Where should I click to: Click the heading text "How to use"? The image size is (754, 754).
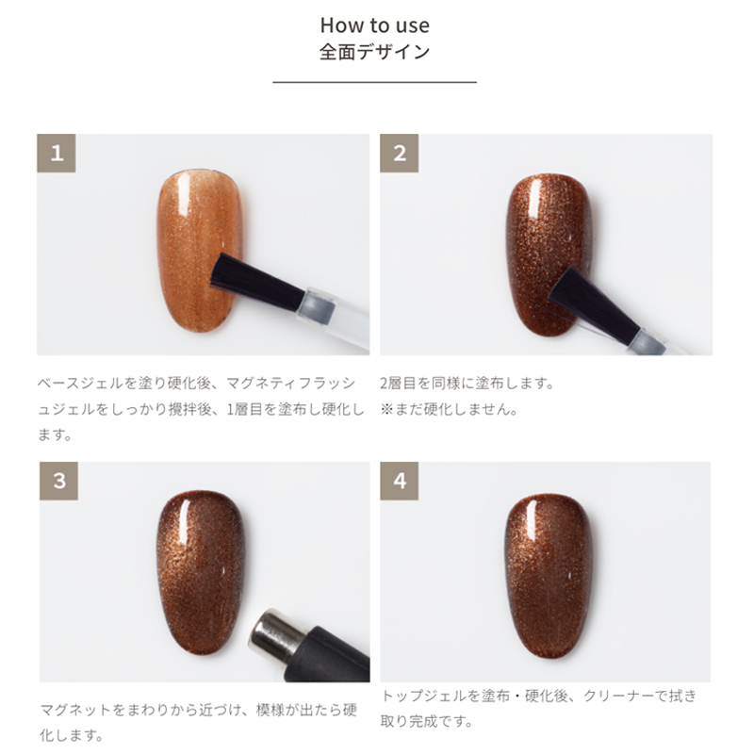pyautogui.click(x=374, y=25)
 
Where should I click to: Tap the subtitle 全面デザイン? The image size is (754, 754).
pyautogui.click(x=374, y=52)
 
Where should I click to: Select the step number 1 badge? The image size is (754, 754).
pyautogui.click(x=57, y=153)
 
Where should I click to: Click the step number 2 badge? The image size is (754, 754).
pyautogui.click(x=399, y=153)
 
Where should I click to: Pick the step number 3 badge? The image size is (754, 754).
pyautogui.click(x=58, y=481)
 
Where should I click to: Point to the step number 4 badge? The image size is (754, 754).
pyautogui.click(x=399, y=481)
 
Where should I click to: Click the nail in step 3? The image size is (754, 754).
pyautogui.click(x=202, y=572)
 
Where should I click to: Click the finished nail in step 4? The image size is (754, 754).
pyautogui.click(x=549, y=575)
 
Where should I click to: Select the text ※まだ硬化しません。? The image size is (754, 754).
pyautogui.click(x=450, y=410)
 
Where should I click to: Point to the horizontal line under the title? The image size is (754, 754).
pyautogui.click(x=374, y=82)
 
